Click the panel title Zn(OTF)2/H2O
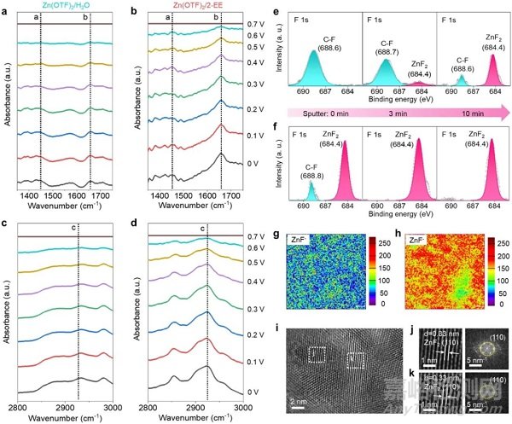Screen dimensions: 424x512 pos(66,7)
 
